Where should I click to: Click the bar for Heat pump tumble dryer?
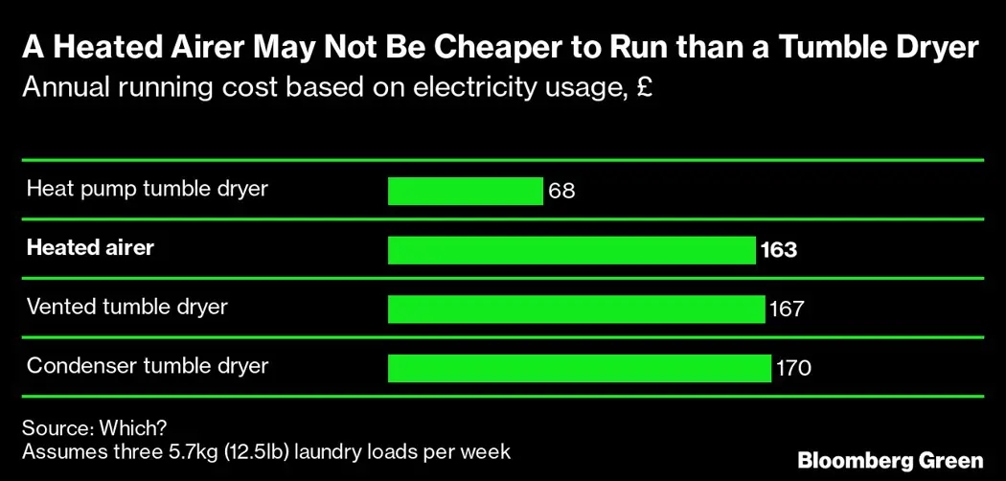pos(465,191)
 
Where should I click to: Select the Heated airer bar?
pos(571,250)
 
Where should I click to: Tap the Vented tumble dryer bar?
pos(575,309)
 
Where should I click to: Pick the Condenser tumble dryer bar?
pos(579,367)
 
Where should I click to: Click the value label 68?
pos(561,191)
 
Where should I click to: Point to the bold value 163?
pos(778,250)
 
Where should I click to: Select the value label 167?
pos(786,309)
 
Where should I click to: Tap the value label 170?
pos(793,368)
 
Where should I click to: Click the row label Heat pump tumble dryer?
pos(147,189)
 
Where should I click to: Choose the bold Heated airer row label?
pos(90,248)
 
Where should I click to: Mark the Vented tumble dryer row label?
pos(126,308)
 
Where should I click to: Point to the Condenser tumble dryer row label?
pos(148,366)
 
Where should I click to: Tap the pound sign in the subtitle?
pos(644,88)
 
